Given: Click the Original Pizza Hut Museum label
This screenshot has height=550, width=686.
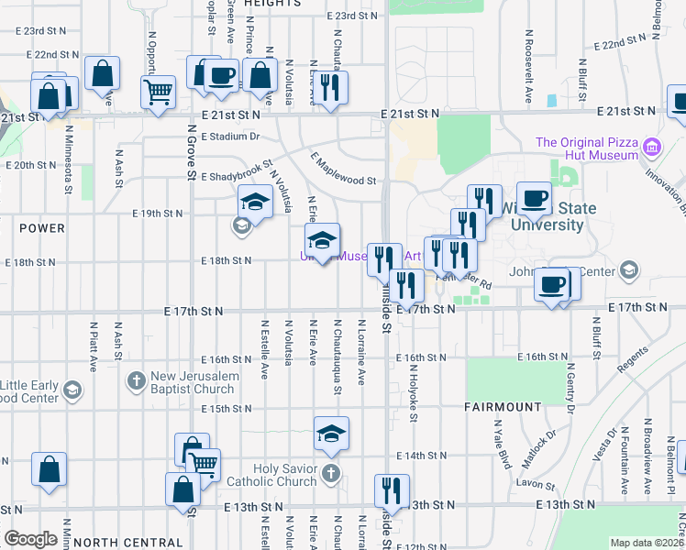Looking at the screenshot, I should (586, 148).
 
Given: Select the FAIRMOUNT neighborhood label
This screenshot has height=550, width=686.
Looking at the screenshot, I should (503, 406).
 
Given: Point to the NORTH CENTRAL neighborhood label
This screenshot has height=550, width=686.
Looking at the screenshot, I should (127, 543).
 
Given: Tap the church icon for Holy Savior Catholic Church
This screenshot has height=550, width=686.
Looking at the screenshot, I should (331, 473).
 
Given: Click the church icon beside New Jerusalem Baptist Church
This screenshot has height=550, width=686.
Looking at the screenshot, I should (136, 379).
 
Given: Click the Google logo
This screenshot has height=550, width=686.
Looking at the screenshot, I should (30, 539).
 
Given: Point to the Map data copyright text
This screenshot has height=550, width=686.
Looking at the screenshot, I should (647, 543).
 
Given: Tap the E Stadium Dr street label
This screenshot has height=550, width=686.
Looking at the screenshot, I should (230, 137).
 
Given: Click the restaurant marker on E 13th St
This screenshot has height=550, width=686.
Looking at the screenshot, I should (393, 490).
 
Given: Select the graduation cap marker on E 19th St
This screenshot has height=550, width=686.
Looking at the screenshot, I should (256, 202).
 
